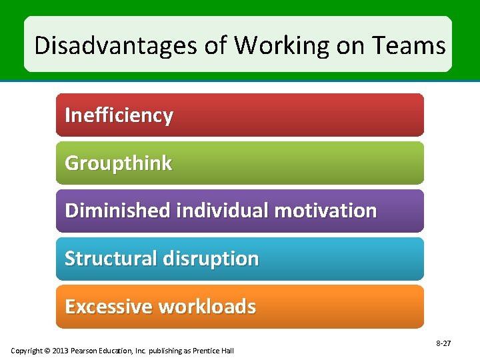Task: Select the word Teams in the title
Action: (409, 46)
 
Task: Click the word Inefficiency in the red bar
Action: (119, 115)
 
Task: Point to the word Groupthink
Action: (118, 163)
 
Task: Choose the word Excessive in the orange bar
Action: (109, 307)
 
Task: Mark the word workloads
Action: (207, 307)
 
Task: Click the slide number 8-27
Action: (443, 343)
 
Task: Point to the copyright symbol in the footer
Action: (47, 351)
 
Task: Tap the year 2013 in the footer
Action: (61, 351)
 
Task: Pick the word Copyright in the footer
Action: (27, 351)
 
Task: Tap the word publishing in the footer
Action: (165, 351)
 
